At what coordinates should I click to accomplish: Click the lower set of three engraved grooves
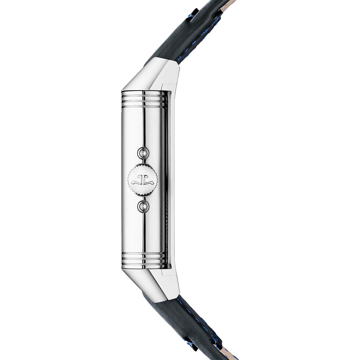coord(143,259)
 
